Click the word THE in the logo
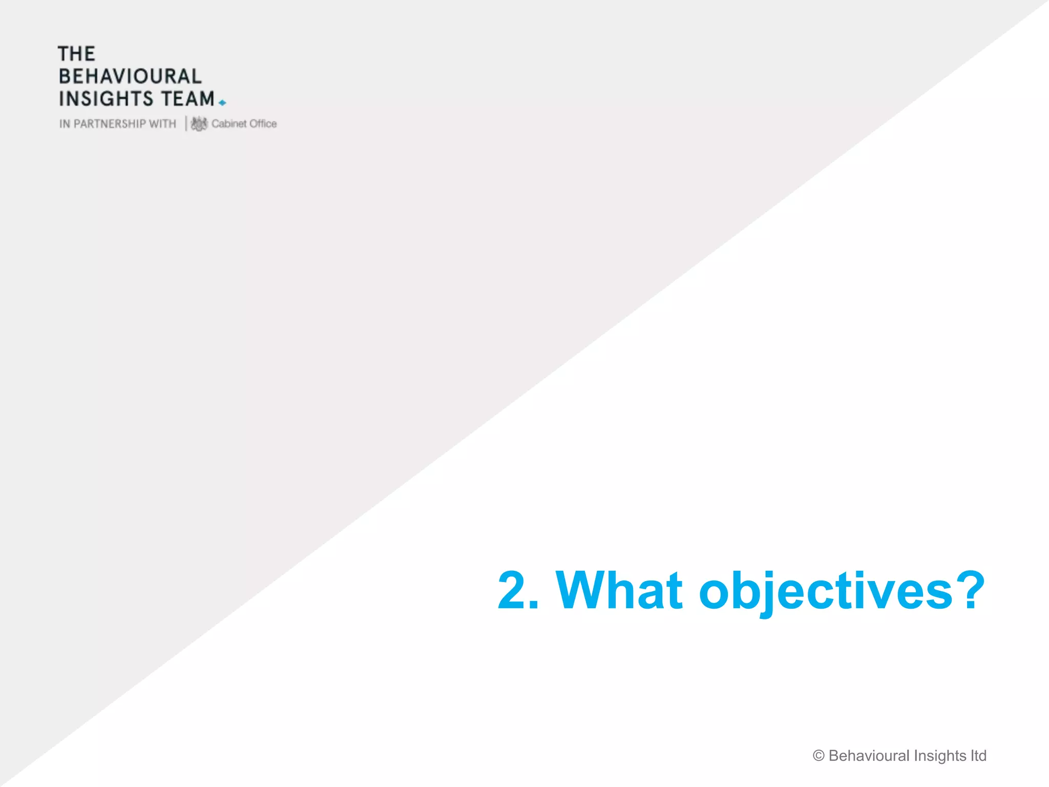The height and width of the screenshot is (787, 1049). tap(76, 54)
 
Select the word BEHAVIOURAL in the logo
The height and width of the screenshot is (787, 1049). tap(130, 76)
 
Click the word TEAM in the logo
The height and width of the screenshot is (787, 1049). tap(188, 99)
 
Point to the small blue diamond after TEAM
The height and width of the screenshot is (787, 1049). tap(222, 103)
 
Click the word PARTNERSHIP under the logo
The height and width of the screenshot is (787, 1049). tap(110, 124)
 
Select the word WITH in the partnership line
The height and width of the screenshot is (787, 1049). tap(162, 124)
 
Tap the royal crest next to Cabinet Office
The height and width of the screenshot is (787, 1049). tap(199, 123)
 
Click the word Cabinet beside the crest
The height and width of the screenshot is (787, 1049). tap(229, 123)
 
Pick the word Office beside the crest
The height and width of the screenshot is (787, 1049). tap(263, 123)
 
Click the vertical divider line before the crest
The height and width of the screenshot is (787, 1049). tap(186, 123)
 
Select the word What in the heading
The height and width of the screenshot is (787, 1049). tap(619, 590)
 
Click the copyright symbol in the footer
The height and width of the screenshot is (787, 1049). tap(819, 756)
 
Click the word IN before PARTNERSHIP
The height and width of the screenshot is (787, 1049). tap(65, 124)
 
